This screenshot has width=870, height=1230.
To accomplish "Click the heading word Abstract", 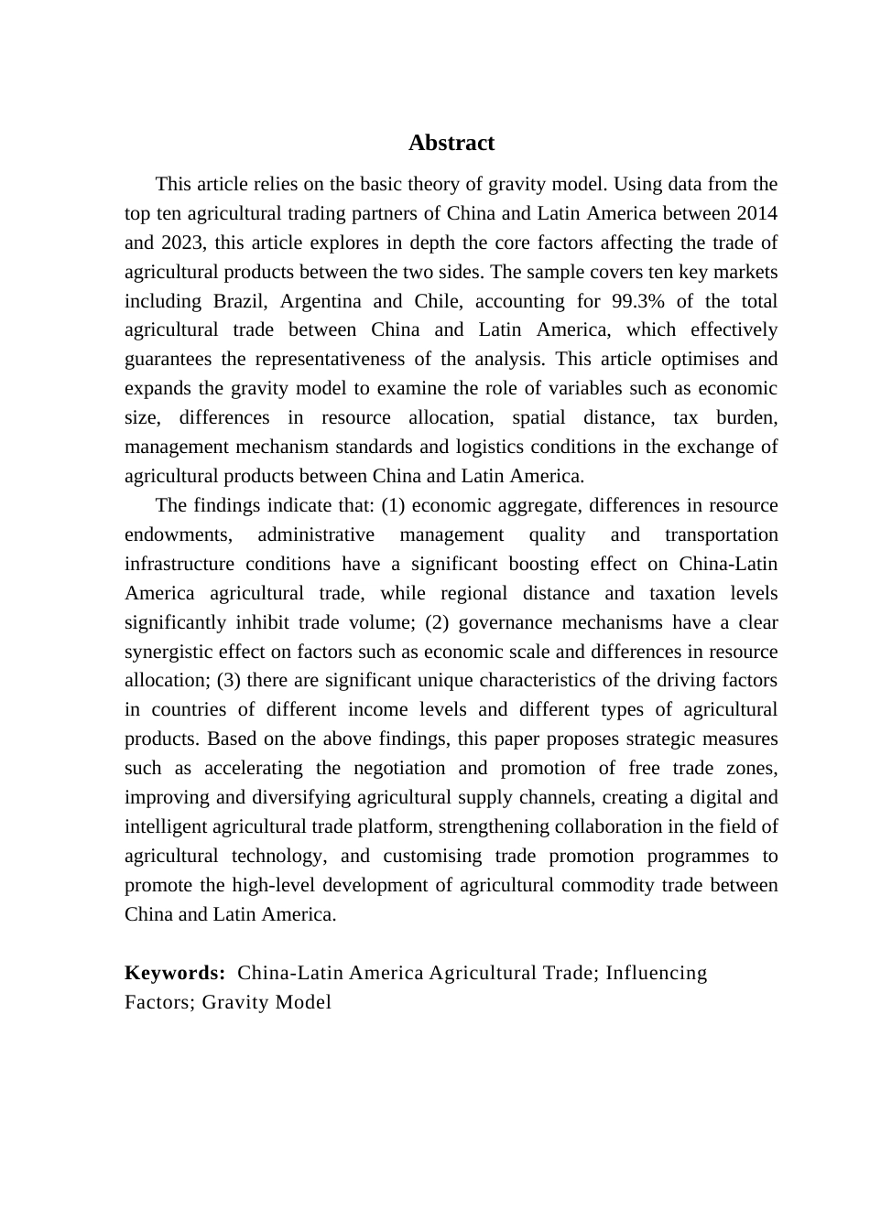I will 451,143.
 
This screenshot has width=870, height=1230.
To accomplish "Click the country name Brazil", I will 239,301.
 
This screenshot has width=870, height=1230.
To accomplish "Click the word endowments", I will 178,534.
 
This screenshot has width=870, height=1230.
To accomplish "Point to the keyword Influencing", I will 656,973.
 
